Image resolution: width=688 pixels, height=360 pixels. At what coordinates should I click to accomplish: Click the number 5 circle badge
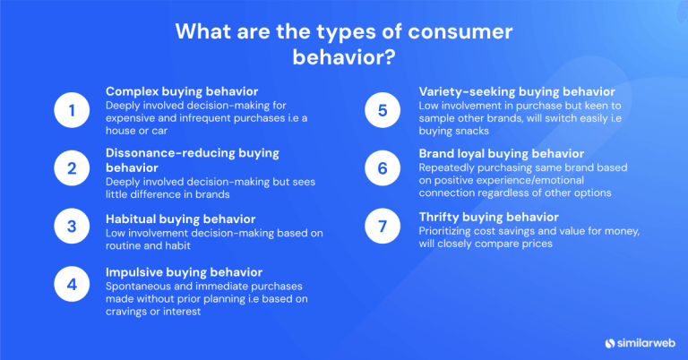point(382,111)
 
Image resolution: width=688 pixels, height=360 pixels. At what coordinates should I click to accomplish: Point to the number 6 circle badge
point(382,167)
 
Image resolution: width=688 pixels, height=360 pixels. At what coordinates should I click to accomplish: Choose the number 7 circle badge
point(382,227)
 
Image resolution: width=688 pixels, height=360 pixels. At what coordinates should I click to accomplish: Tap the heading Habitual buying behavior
point(181,219)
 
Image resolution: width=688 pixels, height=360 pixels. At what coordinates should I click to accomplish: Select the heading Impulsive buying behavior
point(184,271)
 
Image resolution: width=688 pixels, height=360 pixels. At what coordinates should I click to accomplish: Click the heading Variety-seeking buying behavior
point(517,91)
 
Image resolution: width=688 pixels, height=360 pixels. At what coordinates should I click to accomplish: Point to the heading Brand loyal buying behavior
point(502,153)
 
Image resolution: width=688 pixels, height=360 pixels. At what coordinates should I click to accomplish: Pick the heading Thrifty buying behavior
point(489,217)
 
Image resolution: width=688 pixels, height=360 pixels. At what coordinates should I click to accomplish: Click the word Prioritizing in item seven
point(447,232)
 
